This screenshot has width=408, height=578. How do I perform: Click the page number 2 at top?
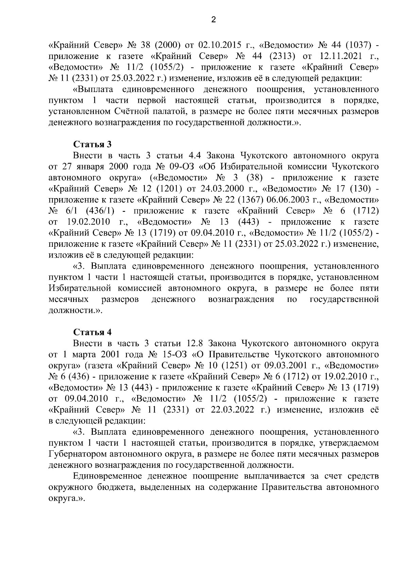[x=213, y=20]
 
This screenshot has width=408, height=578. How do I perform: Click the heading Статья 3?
[x=92, y=144]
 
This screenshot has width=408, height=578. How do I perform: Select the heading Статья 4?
[x=92, y=332]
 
